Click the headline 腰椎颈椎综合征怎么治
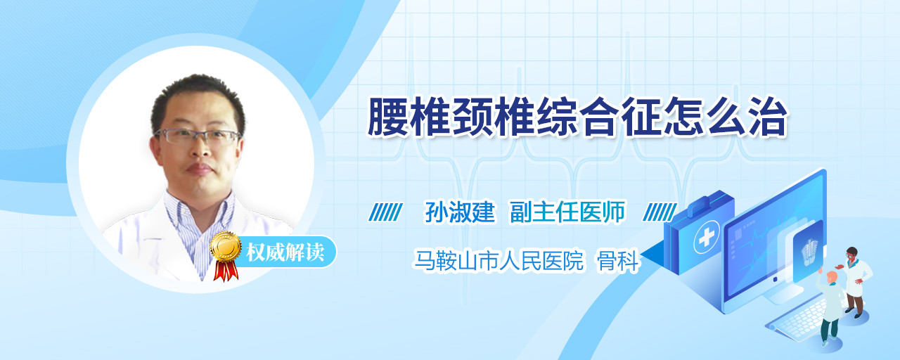tap(577, 117)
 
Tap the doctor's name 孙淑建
tap(460, 212)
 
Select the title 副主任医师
tap(567, 212)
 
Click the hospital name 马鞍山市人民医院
tap(499, 260)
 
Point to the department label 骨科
tap(618, 261)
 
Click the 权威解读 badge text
tap(285, 252)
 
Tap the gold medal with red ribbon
tap(226, 255)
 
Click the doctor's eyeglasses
tap(198, 136)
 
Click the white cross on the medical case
tap(706, 238)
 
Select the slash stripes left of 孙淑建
tap(385, 212)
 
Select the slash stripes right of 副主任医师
tap(660, 212)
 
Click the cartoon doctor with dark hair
tap(855, 281)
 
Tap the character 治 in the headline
tap(768, 117)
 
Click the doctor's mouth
tap(200, 168)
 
